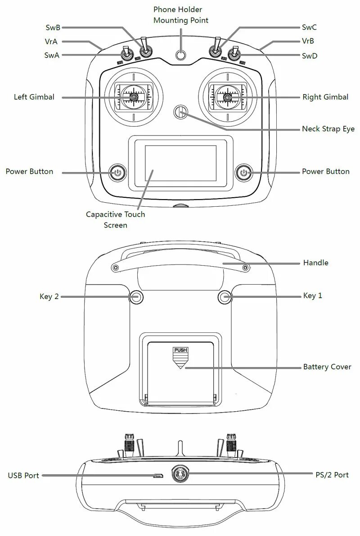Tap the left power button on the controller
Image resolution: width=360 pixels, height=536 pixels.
click(117, 172)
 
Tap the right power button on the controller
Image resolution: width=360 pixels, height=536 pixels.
click(244, 172)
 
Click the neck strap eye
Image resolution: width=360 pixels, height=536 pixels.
click(180, 112)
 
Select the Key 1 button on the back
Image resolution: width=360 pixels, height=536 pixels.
click(225, 296)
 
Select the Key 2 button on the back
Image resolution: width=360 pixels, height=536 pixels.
click(136, 296)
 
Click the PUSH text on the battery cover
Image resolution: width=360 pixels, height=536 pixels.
click(180, 350)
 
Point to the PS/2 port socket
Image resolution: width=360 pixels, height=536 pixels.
click(181, 474)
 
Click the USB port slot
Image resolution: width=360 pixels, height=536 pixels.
click(157, 475)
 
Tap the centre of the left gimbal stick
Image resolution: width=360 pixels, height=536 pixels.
click(134, 96)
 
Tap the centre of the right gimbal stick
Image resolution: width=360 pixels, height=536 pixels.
click(228, 96)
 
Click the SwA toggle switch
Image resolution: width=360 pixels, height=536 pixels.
click(128, 55)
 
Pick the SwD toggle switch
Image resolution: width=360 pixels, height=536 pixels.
click(234, 55)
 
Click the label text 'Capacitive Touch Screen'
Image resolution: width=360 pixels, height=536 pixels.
click(116, 219)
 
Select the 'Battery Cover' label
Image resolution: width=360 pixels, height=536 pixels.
click(327, 367)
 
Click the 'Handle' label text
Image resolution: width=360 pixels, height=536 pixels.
click(315, 263)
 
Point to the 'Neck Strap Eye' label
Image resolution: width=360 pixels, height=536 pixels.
click(328, 129)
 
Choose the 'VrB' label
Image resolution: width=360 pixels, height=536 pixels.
click(308, 41)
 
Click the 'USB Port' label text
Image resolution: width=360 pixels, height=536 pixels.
click(23, 475)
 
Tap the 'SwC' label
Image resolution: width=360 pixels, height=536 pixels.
click(309, 27)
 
